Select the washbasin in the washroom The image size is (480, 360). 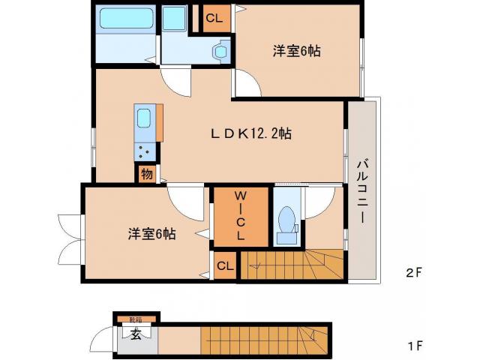(219, 51)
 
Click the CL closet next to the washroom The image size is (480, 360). (214, 19)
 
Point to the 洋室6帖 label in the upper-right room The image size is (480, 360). (296, 51)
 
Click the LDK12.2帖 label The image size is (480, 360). (250, 133)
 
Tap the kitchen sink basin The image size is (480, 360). (144, 118)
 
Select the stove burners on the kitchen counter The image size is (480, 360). (144, 151)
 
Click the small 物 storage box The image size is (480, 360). (145, 174)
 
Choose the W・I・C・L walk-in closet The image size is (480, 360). (240, 216)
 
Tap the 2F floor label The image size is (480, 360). (415, 273)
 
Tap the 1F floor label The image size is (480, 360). (415, 346)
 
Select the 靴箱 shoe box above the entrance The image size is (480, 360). (134, 319)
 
